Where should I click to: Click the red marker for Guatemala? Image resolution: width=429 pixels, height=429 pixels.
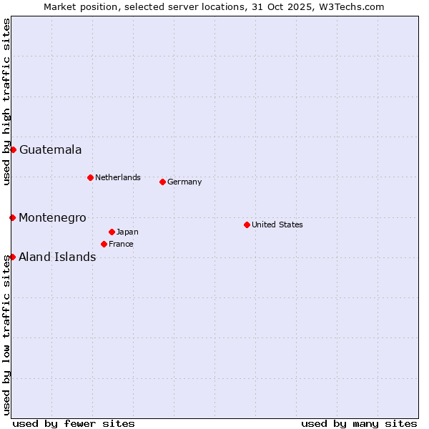coord(13,149)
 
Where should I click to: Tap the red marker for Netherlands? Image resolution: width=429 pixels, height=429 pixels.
coord(90,177)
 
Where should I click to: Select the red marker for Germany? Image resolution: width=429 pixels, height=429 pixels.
coord(162,182)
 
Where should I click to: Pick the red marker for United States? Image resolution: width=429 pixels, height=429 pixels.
coord(247,225)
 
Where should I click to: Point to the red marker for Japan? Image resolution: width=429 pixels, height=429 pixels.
coord(112,232)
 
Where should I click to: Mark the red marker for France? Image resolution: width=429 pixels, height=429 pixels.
coord(104,244)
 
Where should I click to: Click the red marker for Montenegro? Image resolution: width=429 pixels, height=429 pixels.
coord(12,217)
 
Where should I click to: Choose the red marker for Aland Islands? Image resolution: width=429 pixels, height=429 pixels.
coord(12,257)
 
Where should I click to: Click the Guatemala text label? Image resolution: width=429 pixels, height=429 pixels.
coord(50,150)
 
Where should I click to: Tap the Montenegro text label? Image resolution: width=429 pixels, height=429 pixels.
coord(52,217)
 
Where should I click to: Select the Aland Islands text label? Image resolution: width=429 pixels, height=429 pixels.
coord(57,257)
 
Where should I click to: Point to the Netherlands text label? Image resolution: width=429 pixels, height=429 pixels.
coord(118,177)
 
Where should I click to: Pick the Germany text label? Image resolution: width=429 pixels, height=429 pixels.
coord(184,182)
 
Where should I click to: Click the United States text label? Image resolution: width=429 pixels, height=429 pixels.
coord(277,225)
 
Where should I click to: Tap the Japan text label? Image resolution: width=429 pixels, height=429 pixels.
coord(127,232)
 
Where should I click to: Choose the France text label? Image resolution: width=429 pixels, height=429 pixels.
coord(121,244)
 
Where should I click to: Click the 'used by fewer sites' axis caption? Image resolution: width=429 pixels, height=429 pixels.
coord(74,423)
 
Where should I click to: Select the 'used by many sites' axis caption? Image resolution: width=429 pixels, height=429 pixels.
coord(359,423)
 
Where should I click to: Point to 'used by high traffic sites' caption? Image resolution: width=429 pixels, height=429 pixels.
coord(6,102)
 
